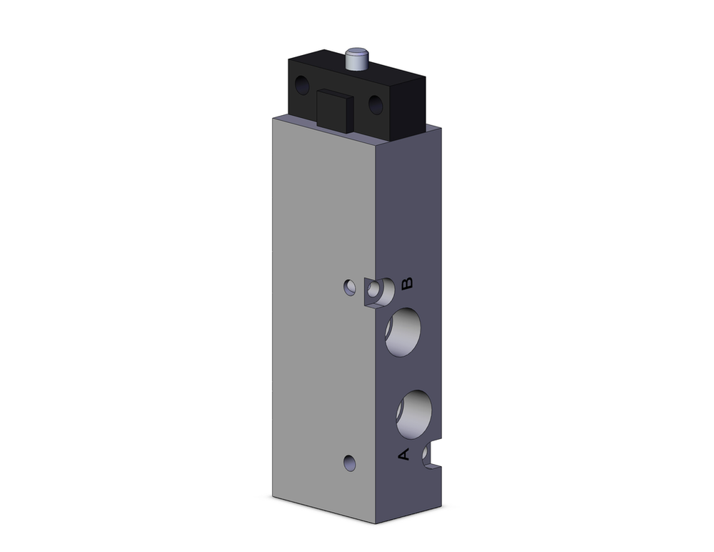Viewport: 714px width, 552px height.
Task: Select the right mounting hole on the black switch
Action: click(x=376, y=105)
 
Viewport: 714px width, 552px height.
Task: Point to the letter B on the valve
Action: click(x=407, y=284)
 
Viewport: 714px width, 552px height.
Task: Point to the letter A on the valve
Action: click(x=403, y=454)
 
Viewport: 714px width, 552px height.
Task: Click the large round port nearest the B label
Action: click(x=402, y=332)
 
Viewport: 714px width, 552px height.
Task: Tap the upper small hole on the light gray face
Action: click(x=349, y=287)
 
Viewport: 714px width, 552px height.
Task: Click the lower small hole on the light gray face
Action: click(x=349, y=463)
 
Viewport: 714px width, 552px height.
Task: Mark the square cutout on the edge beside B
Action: click(x=376, y=292)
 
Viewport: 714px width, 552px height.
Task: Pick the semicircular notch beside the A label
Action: click(x=431, y=456)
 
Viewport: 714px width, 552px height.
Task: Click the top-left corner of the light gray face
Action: click(x=273, y=116)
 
